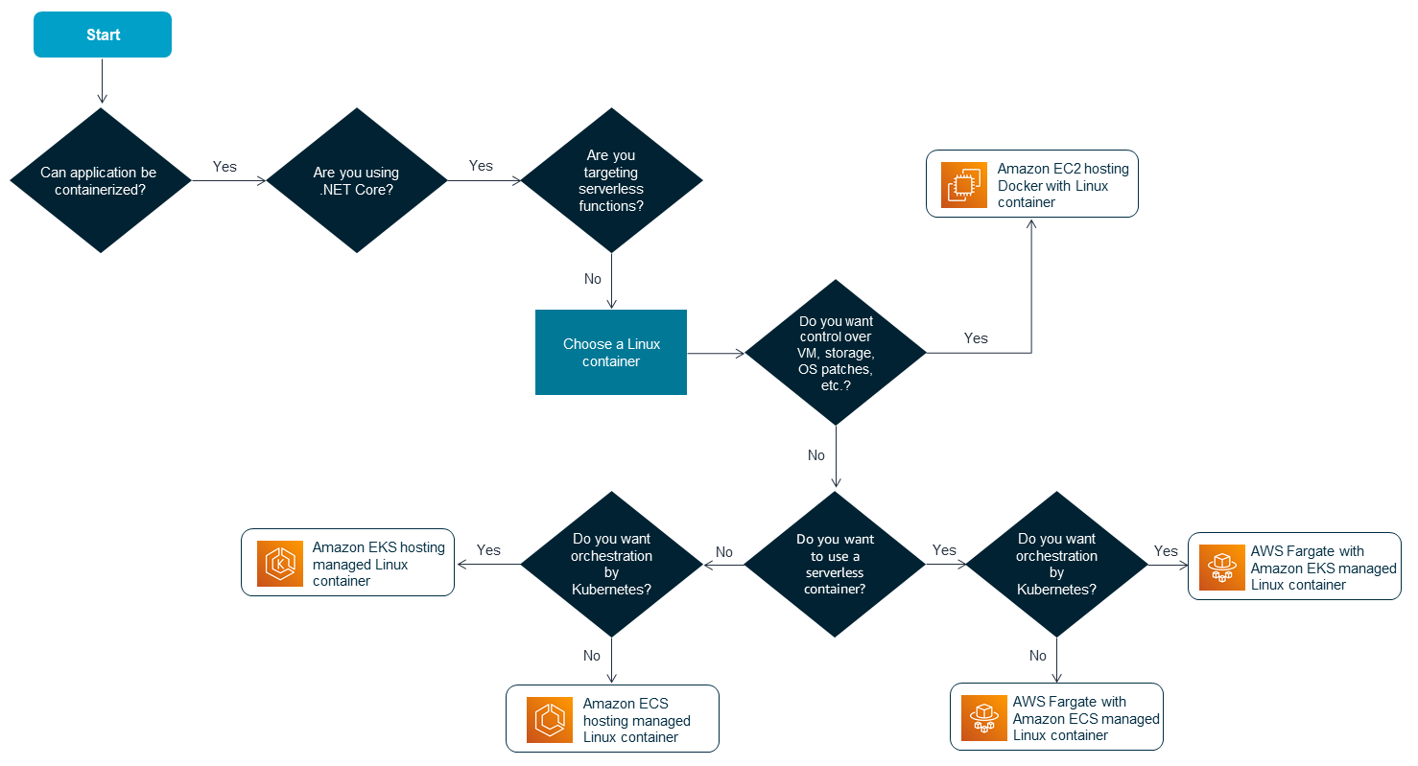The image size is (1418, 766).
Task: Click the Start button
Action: (x=103, y=35)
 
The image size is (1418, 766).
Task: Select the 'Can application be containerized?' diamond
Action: (x=100, y=180)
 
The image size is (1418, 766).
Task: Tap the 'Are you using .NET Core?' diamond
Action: (x=356, y=180)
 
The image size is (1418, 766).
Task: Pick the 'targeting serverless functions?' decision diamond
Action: (x=611, y=180)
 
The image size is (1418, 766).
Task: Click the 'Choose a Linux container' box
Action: (x=611, y=352)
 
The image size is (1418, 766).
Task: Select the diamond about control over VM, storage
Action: (x=836, y=352)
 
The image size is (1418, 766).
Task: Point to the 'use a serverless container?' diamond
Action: (x=836, y=564)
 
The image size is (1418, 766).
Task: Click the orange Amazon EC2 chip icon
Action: (x=964, y=184)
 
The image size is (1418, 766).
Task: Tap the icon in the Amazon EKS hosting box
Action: (x=280, y=564)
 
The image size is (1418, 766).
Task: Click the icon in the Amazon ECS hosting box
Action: (x=550, y=719)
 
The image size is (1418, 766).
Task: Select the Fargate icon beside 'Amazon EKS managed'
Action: (x=1221, y=568)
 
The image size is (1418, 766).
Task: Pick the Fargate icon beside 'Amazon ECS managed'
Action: (x=984, y=718)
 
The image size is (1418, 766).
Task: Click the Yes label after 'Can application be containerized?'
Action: (x=225, y=167)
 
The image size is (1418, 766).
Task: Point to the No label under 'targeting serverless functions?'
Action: (x=593, y=279)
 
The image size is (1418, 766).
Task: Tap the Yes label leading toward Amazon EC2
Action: (x=976, y=338)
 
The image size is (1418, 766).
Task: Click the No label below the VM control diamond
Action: (x=816, y=455)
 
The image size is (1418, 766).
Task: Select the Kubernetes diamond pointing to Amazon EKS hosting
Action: (x=611, y=564)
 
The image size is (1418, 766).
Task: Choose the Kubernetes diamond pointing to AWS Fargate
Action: (x=1056, y=564)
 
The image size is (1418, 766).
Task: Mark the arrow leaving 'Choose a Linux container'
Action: (x=716, y=353)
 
